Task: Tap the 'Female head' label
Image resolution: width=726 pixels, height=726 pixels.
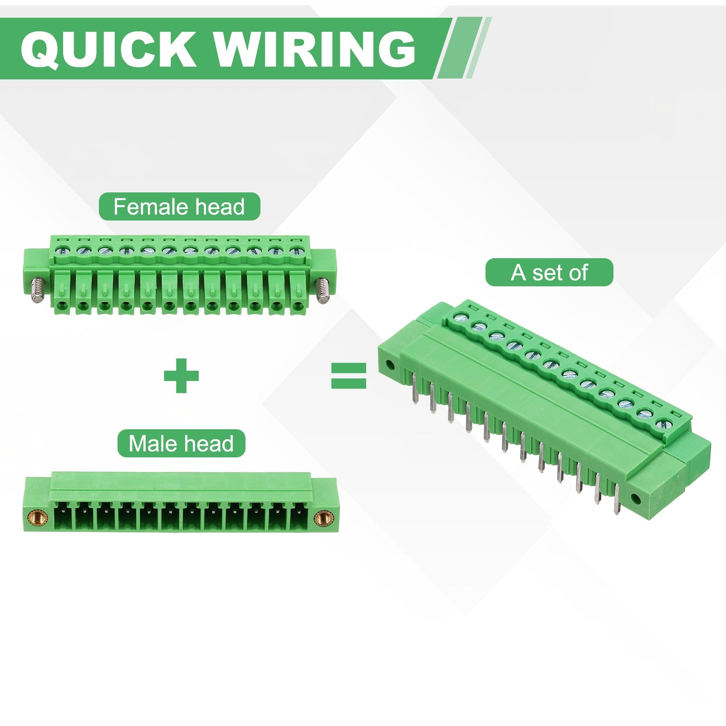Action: pos(179,207)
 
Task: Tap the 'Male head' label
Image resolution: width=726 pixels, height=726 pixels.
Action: pos(181,444)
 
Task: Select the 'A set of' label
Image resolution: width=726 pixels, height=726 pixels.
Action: pos(549,273)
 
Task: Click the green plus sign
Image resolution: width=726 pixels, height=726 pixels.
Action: pos(181,376)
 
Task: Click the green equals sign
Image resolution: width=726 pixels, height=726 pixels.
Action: pos(348,376)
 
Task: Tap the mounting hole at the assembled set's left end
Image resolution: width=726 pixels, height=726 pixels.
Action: pos(389,364)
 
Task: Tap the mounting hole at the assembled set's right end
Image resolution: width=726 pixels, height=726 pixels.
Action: pos(636,500)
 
